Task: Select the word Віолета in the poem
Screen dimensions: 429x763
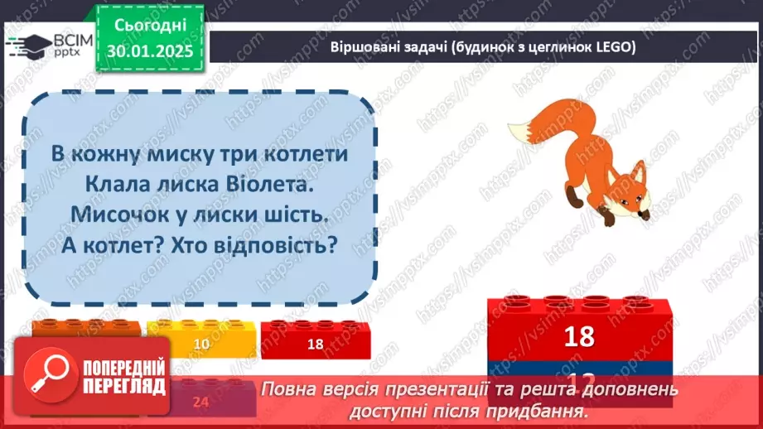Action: tap(272, 184)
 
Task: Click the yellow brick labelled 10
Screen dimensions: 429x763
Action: tap(200, 341)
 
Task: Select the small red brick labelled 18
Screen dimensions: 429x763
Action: tap(315, 341)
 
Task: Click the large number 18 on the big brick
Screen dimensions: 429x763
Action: tap(579, 336)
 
